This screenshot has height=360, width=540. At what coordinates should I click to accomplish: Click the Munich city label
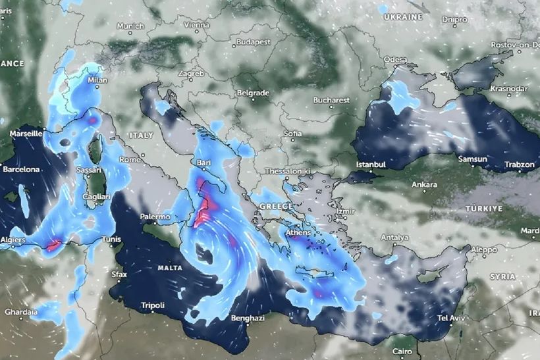tap(130, 26)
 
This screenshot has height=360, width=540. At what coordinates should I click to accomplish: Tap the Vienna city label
tap(196, 25)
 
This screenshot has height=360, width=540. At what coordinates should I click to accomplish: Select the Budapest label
tap(254, 41)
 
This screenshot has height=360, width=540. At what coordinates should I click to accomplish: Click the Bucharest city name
tap(331, 100)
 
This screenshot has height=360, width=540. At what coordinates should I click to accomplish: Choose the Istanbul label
tap(369, 163)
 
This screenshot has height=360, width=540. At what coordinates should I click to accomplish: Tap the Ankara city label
tap(423, 184)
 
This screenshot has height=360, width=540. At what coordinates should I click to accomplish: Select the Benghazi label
tap(248, 319)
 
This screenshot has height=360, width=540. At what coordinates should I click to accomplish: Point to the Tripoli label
tap(152, 305)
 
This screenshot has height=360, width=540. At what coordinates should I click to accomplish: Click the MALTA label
tap(171, 268)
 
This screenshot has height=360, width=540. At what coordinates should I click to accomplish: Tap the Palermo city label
tap(155, 217)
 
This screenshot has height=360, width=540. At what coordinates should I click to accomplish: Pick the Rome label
tap(130, 159)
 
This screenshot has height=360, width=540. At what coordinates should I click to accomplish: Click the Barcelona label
tap(21, 169)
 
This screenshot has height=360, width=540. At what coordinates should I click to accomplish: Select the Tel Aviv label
tap(452, 319)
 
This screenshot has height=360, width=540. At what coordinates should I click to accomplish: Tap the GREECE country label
tap(276, 206)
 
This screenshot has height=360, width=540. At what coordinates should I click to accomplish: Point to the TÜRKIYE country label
tap(485, 208)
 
